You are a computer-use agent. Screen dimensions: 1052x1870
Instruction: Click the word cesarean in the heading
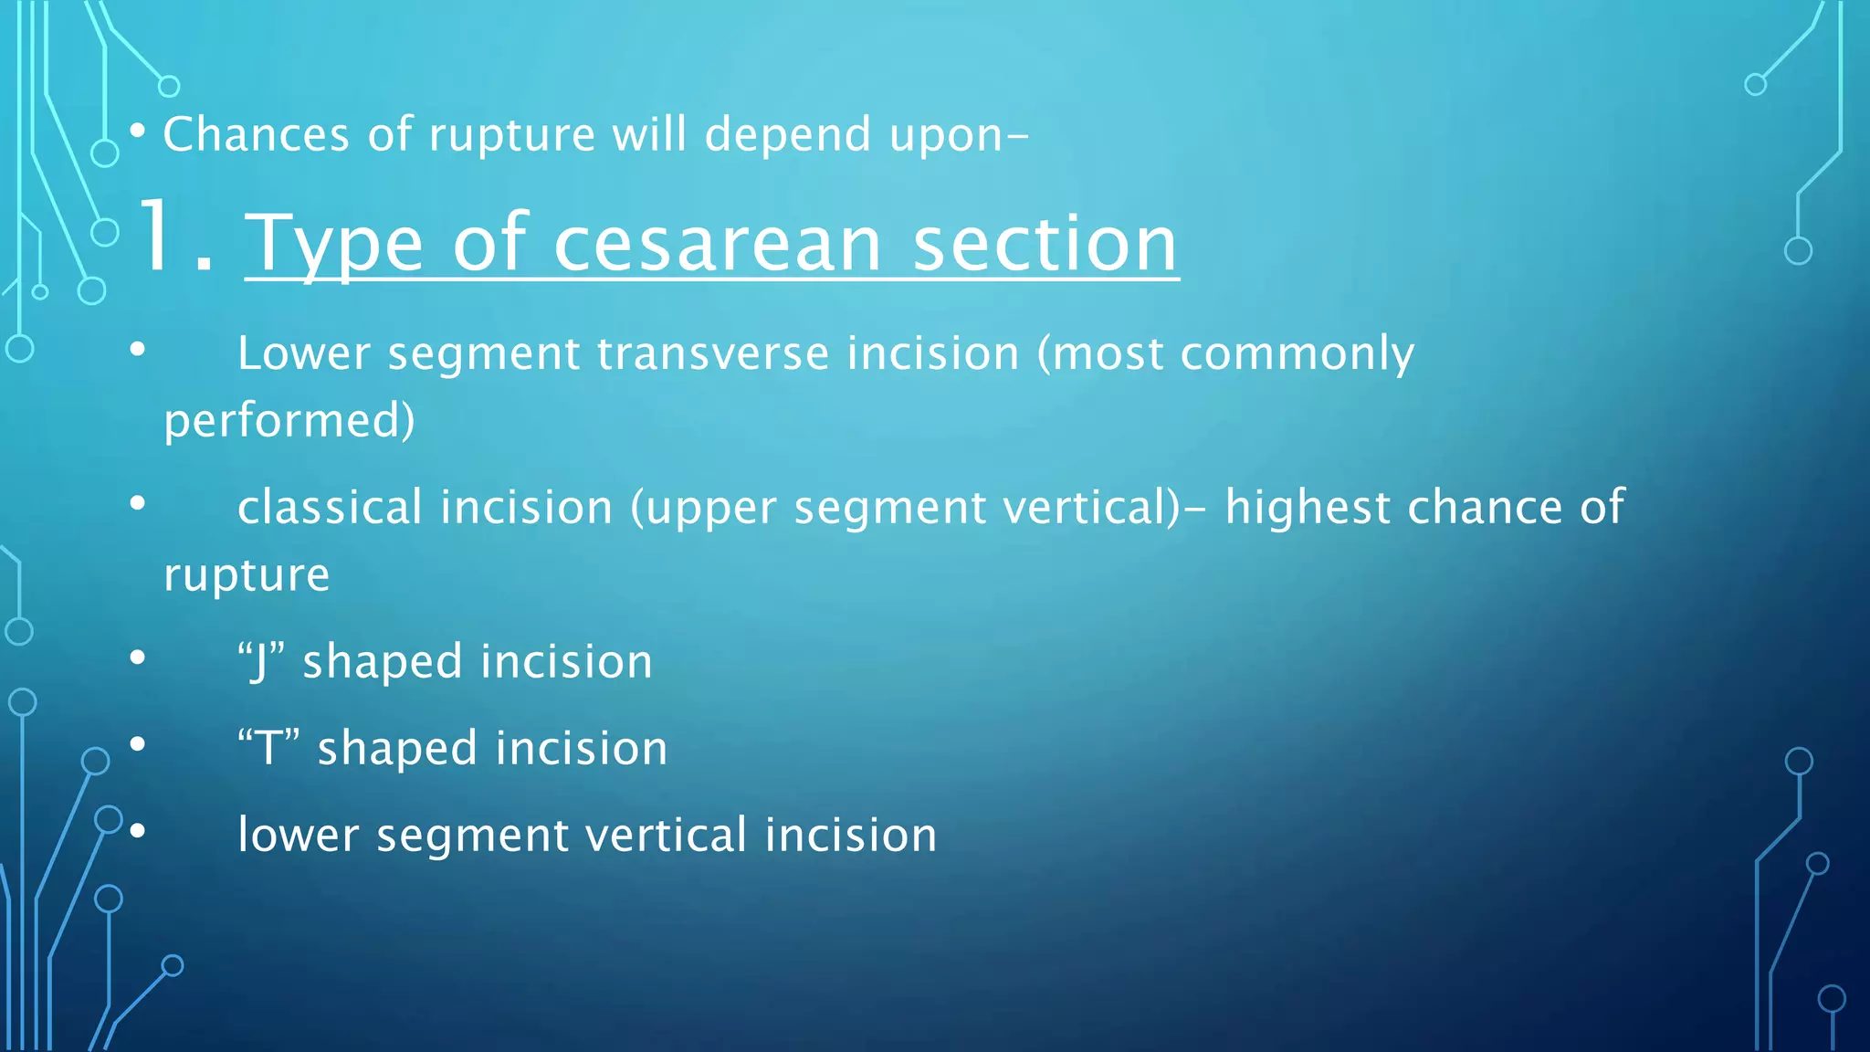[717, 245]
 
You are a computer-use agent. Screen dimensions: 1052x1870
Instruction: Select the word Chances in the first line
[256, 135]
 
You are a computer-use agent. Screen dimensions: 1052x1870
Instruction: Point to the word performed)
[289, 422]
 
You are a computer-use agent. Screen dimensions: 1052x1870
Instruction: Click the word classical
[329, 508]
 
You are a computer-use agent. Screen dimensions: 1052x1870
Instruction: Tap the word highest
[1307, 508]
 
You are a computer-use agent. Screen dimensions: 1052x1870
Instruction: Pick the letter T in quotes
[268, 749]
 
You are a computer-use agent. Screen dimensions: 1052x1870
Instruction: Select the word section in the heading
[1045, 245]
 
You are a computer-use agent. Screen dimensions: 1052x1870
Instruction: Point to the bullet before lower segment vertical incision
[138, 831]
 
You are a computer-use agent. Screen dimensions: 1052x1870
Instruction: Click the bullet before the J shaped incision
[138, 657]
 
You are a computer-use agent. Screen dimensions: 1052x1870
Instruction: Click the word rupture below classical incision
[247, 576]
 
